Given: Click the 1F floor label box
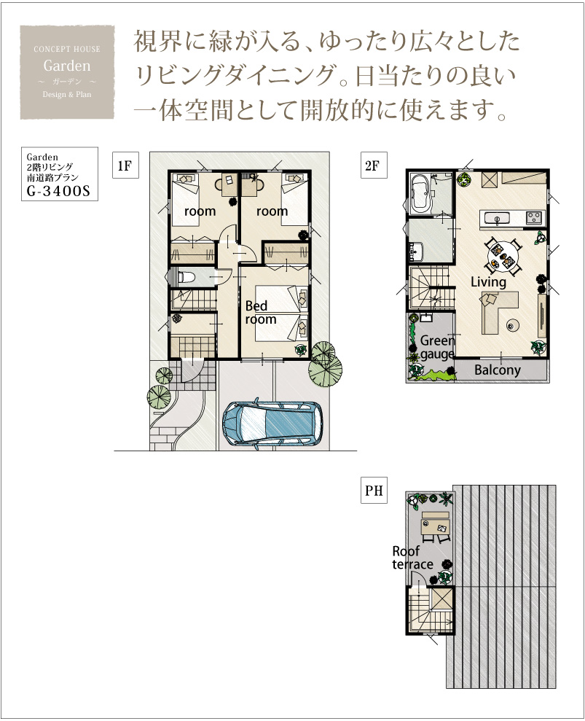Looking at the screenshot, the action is click(125, 165).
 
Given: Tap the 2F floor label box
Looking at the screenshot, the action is click(373, 165).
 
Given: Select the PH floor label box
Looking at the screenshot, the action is click(374, 490).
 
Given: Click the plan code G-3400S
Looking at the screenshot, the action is click(58, 191).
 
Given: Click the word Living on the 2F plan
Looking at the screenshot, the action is click(488, 282).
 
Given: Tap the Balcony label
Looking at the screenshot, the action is click(498, 370).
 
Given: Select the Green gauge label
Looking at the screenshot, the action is click(437, 348).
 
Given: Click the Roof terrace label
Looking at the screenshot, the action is click(412, 557).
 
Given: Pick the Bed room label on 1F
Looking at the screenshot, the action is click(261, 313).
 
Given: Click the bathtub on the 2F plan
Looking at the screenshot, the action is click(420, 193).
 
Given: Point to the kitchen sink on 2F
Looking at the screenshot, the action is click(498, 217).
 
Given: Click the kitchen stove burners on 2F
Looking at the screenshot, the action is click(533, 217).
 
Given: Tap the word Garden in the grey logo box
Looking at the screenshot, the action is click(67, 66).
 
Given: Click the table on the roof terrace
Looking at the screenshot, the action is click(435, 523).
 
